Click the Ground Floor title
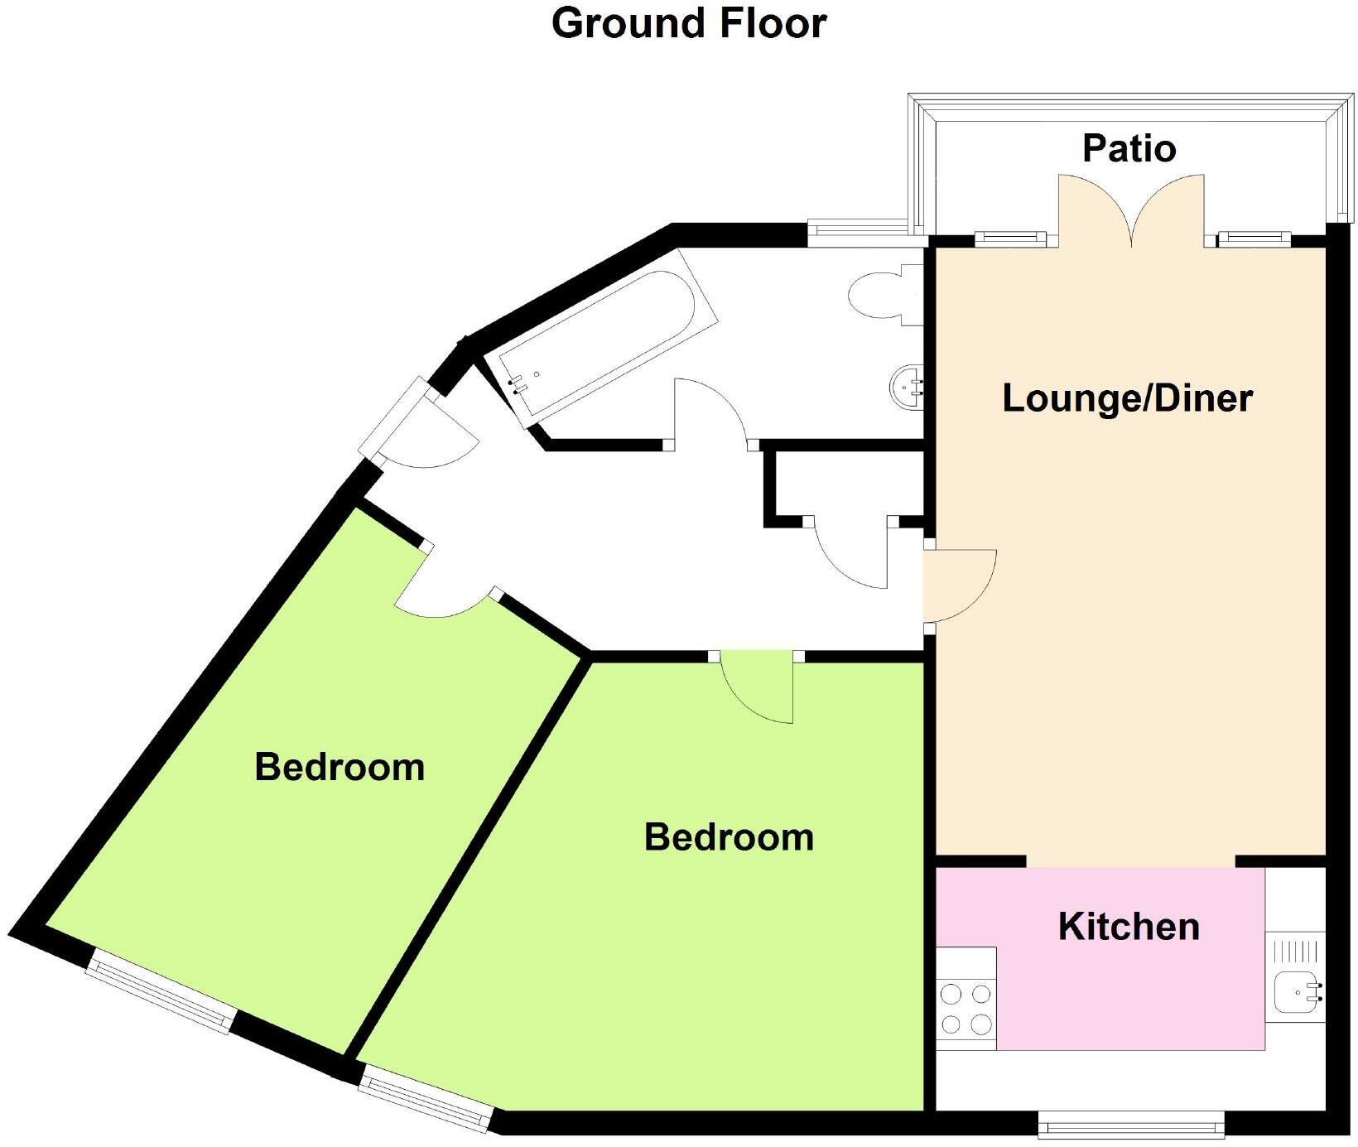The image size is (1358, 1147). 689,23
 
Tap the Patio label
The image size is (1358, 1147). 1129,149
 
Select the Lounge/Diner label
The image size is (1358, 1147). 1127,398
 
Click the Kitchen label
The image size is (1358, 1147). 1129,926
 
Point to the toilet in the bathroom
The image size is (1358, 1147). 886,295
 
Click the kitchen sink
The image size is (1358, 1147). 1295,992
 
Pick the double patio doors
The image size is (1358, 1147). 1131,211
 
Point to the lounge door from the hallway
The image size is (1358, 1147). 959,585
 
